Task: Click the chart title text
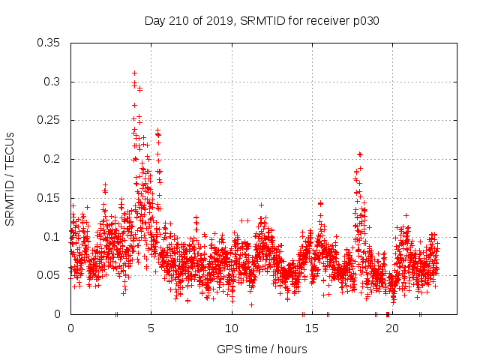[262, 21]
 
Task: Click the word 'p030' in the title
[365, 21]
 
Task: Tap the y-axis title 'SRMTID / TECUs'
[10, 178]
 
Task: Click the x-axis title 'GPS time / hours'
[262, 349]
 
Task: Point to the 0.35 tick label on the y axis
[49, 43]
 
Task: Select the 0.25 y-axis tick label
[49, 120]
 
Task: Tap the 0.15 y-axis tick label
[49, 198]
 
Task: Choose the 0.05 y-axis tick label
[49, 275]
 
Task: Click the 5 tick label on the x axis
[151, 328]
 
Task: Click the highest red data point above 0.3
[134, 73]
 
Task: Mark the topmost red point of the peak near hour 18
[360, 154]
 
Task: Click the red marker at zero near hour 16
[328, 314]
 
